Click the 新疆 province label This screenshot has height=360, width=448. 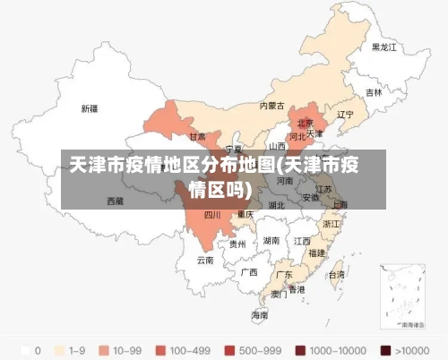click(90, 108)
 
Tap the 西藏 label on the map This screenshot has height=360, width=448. click(116, 201)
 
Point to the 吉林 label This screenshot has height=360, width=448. click(373, 92)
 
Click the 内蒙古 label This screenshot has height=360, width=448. click(271, 105)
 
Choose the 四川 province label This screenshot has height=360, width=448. click(212, 215)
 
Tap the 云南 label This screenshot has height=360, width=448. click(205, 261)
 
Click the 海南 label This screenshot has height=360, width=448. click(260, 315)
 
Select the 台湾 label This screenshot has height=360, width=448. click(336, 275)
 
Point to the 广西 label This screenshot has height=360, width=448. click(249, 271)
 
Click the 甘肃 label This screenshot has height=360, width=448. click(197, 137)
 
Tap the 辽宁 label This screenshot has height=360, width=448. click(345, 115)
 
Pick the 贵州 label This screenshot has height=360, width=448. click(237, 244)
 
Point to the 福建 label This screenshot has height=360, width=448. click(316, 253)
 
